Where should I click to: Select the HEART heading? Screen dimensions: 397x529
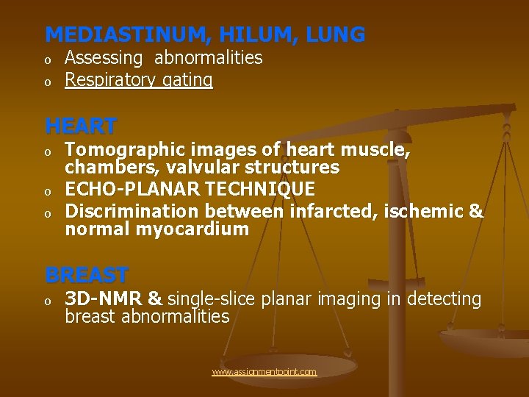(81, 126)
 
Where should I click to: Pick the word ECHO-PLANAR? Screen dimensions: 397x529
(126, 190)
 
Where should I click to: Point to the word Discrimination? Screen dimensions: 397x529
(132, 212)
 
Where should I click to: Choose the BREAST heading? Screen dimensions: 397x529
(87, 275)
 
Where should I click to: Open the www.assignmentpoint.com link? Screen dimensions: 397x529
(264, 372)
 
